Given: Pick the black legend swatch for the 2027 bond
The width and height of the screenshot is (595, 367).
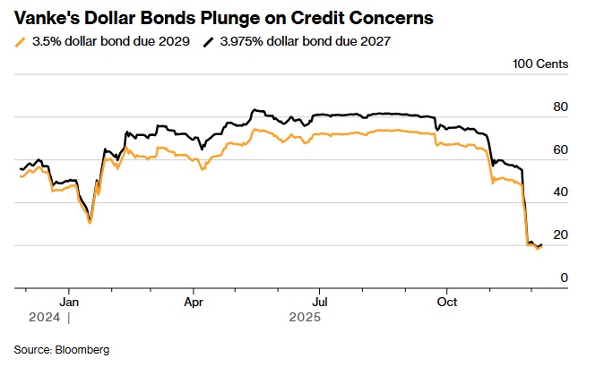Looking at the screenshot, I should click(210, 41).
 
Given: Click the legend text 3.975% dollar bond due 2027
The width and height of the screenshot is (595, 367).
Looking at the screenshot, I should click(305, 41).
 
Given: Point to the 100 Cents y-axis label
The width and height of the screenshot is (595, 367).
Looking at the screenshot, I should click(539, 64).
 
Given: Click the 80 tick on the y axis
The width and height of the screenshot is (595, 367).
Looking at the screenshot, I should click(560, 107).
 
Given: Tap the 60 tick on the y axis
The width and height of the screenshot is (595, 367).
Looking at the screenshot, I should click(560, 149).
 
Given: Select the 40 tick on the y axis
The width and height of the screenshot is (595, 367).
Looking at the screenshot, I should click(560, 192).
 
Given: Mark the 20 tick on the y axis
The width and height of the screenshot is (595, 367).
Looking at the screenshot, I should click(560, 235).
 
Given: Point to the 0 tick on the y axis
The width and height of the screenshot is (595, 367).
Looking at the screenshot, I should click(564, 277).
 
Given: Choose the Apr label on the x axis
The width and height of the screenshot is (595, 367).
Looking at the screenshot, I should click(193, 302).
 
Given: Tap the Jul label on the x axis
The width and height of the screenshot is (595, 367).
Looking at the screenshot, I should click(319, 302).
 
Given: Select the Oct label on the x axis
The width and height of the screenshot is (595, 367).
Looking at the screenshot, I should click(446, 302).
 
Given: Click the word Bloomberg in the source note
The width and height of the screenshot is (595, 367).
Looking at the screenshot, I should click(83, 348).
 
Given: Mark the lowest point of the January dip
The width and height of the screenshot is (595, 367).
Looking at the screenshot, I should click(90, 222).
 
